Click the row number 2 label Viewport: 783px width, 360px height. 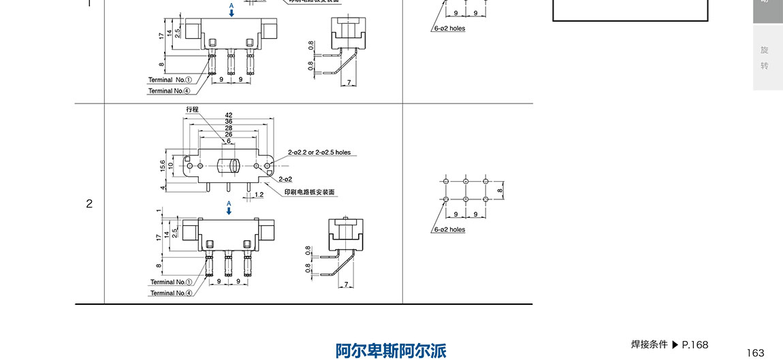point(89,203)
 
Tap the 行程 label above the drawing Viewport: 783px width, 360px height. point(193,110)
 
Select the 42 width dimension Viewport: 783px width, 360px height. point(229,115)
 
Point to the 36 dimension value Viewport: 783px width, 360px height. point(229,121)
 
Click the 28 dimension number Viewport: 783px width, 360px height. point(229,128)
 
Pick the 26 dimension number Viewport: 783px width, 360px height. point(229,134)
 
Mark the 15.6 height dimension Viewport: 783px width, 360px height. point(163,165)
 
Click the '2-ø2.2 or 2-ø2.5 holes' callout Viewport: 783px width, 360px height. point(319,152)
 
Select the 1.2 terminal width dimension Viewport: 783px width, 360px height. point(259,195)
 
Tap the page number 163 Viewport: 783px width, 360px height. point(756,353)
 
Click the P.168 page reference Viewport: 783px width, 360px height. point(695,344)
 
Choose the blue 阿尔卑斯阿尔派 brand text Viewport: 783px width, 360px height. point(391,350)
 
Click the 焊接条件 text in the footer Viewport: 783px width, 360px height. point(649,344)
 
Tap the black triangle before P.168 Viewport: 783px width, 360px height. point(675,344)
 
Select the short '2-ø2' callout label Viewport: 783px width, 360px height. point(285,179)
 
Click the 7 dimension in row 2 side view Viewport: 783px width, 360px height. point(347,284)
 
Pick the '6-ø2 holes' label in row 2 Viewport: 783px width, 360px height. point(449,229)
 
